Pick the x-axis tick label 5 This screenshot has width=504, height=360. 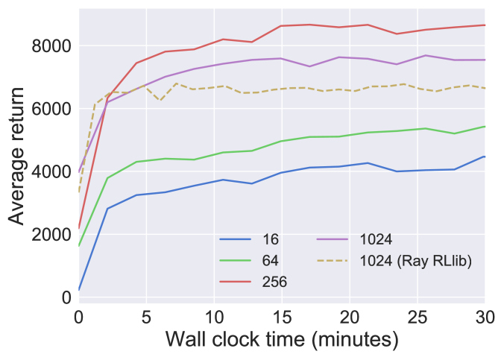[146, 317]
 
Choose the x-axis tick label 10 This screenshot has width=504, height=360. [213, 317]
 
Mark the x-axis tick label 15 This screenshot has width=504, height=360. [281, 317]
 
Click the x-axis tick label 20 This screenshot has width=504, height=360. [349, 317]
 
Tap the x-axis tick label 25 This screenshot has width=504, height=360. [417, 317]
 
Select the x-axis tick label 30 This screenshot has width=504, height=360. [484, 317]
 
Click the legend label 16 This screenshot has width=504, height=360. [271, 240]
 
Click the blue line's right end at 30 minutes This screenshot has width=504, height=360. [485, 157]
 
